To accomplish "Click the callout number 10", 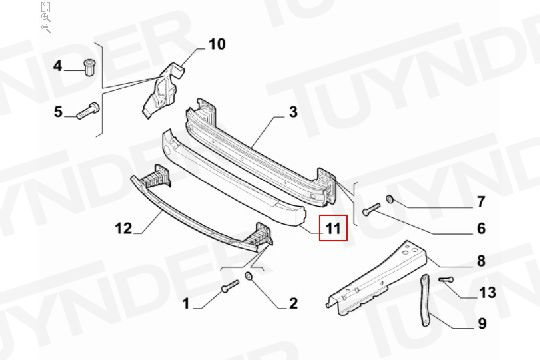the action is point(217,44).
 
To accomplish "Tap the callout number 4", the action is point(58,65).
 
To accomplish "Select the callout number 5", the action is point(58,112).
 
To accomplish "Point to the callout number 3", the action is point(293,112).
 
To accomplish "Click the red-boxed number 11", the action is point(333,228).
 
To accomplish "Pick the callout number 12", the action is point(123,228).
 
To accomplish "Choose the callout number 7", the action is point(481,202).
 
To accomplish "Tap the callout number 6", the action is point(481,228).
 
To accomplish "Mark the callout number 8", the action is point(481,261).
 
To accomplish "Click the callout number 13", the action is point(488,292).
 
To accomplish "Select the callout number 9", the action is point(482,323).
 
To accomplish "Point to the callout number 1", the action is point(186,304).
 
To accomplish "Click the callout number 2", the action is point(293,304).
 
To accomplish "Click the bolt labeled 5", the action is point(88,111).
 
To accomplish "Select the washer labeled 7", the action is point(390,198).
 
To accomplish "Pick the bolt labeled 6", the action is point(371,209).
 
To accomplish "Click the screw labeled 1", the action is point(230,286).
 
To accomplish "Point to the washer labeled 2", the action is point(248,276).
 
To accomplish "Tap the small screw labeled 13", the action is point(446,279).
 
